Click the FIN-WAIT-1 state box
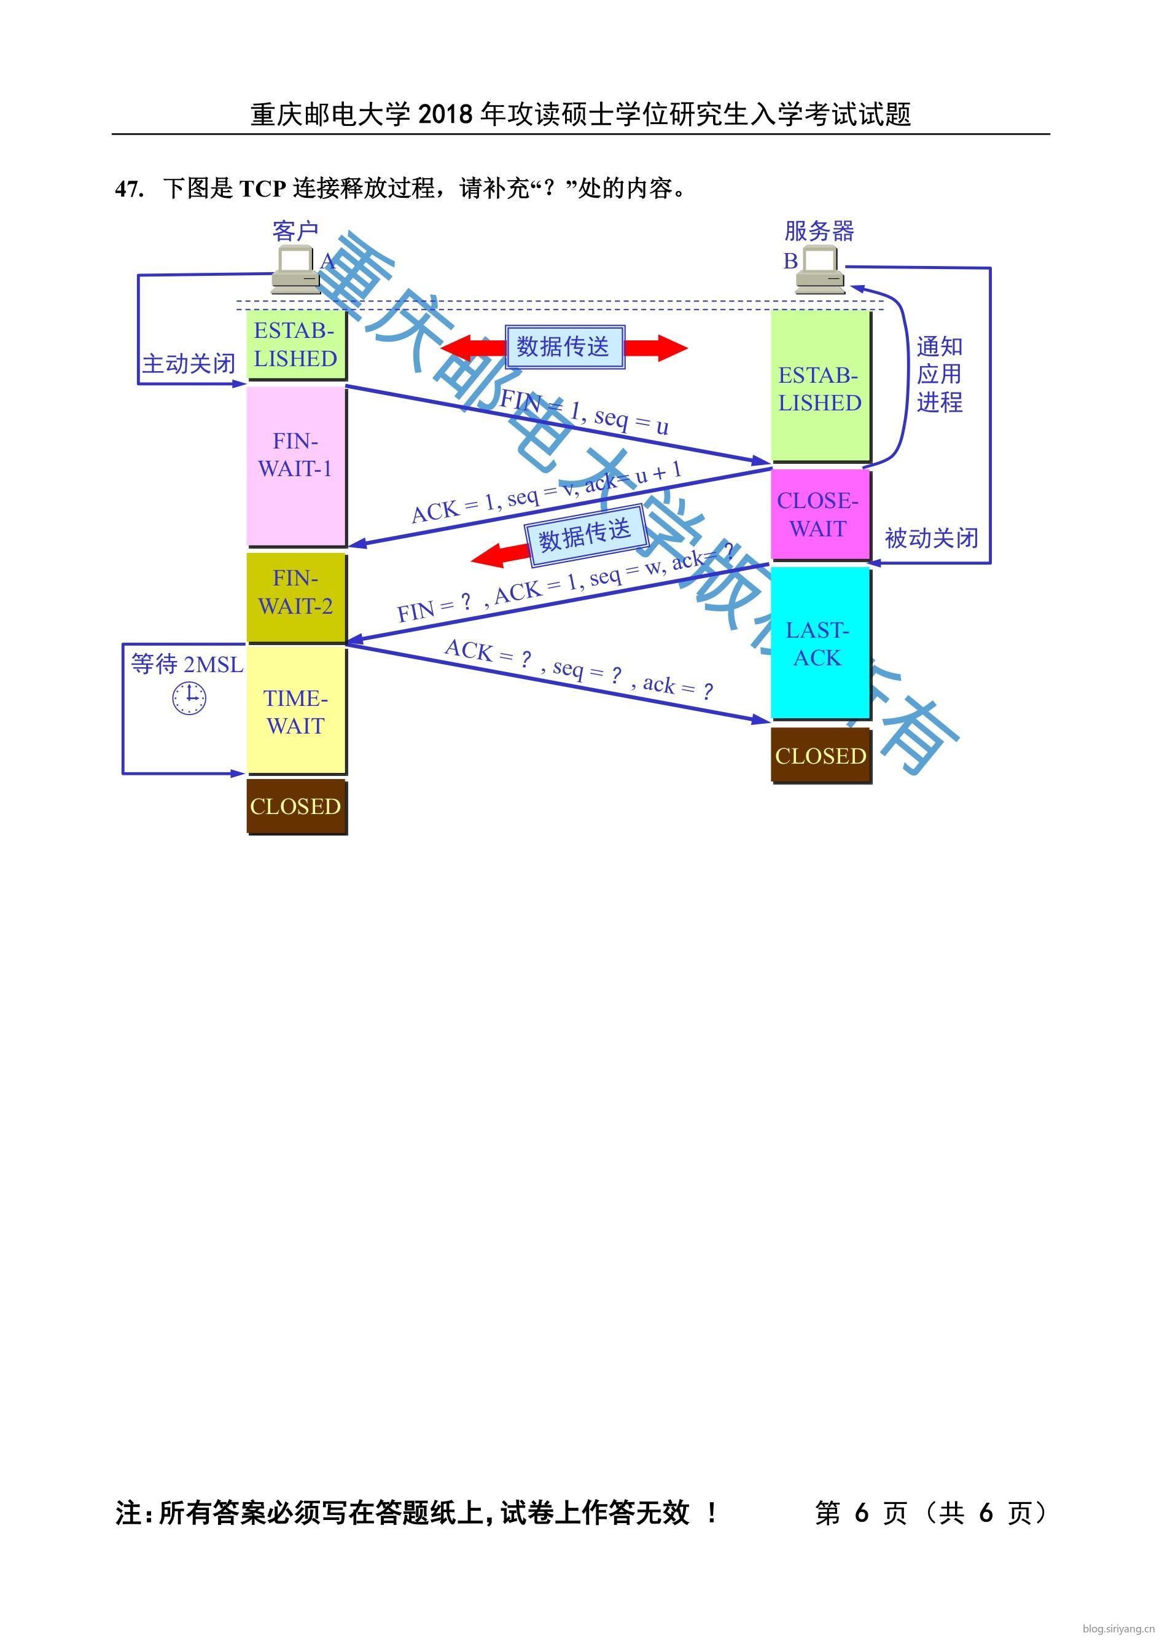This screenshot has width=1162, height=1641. point(295,466)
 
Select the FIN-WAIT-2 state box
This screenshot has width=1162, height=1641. point(295,596)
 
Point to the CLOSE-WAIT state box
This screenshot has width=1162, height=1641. point(820,514)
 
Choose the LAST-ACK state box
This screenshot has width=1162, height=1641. point(820,643)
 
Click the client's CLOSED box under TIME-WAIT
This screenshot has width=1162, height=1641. point(295,807)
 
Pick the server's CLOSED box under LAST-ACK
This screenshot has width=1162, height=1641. point(821,756)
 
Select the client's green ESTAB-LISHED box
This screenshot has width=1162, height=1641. point(295,344)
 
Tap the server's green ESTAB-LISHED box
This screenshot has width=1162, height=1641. point(820,387)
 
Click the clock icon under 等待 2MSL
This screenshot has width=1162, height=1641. point(190,697)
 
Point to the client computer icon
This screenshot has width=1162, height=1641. point(295,270)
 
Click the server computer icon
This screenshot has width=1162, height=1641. point(820,270)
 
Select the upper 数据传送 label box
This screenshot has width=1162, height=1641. point(564,347)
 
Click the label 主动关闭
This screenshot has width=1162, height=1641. point(189,364)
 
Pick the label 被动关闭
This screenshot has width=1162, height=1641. point(931,538)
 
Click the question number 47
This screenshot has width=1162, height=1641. point(129,189)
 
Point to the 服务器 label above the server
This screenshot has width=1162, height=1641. point(819,231)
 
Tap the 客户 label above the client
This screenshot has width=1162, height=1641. point(295,231)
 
